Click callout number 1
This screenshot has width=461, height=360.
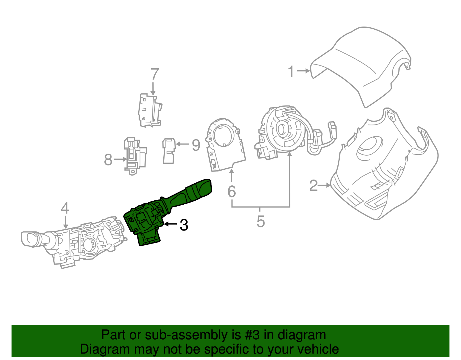291,71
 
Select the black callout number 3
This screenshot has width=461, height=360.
184,225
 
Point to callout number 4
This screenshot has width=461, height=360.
65,208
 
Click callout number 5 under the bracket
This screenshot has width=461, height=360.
260,221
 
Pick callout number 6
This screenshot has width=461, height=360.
232,191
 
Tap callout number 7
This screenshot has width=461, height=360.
155,74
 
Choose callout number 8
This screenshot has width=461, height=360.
108,159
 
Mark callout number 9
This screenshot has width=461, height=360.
196,145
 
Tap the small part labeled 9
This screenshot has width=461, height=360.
169,150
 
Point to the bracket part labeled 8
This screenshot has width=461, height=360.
134,156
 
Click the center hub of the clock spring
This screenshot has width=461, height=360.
283,129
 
